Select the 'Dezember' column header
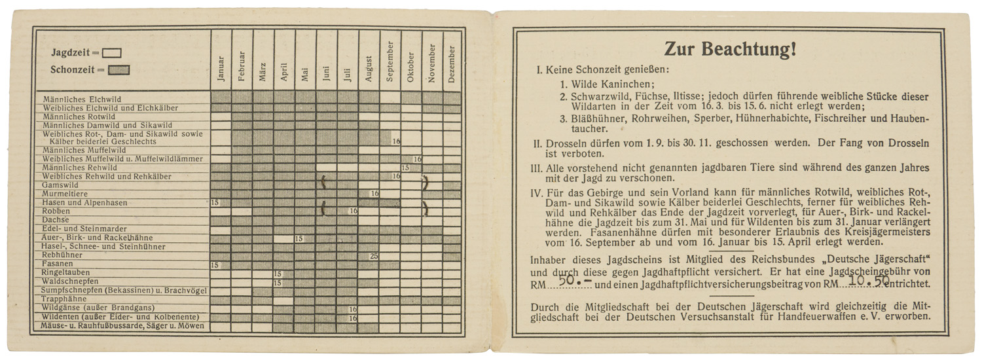click(x=452, y=64)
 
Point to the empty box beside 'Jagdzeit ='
click(x=111, y=53)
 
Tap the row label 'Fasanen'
click(x=57, y=264)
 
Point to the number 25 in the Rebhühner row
click(x=374, y=256)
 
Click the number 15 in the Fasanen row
click(x=214, y=265)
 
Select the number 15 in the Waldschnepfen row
click(x=278, y=283)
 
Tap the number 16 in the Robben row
click(x=353, y=211)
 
